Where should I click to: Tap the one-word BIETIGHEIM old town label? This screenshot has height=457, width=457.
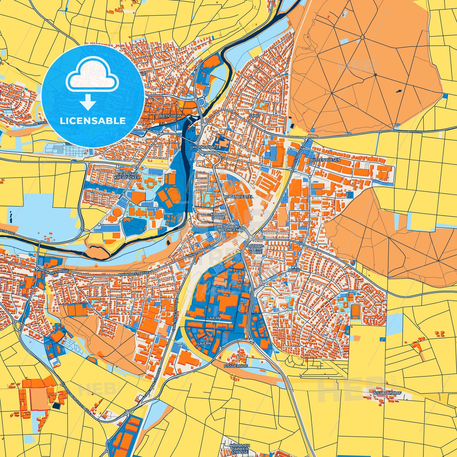pos(170,116)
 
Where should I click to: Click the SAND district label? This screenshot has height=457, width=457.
pos(254,116)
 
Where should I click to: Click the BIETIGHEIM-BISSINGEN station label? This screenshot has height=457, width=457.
pos(228,229)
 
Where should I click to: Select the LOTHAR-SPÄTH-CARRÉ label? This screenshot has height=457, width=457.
pos(256,249)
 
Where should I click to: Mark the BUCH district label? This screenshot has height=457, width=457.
pos(294,270)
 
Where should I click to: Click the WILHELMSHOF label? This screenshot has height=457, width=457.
pos(387,393)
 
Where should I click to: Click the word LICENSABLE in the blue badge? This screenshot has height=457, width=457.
pos(93,121)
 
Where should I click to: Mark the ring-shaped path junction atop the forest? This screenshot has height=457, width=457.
pos(362,37)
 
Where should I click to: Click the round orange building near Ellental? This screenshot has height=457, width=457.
pos(117,211)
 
